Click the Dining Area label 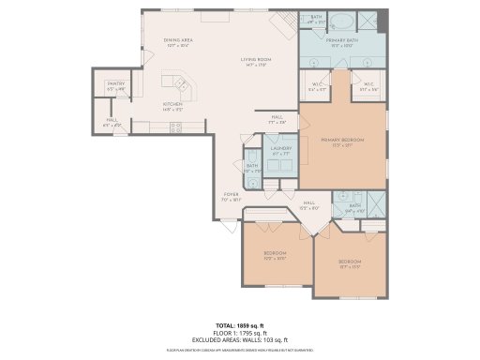pyautogui.click(x=178, y=41)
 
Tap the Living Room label pyautogui.click(x=256, y=61)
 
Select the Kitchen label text pyautogui.click(x=172, y=106)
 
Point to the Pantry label pyautogui.click(x=116, y=86)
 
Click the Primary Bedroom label pyautogui.click(x=342, y=142)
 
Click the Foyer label pyautogui.click(x=231, y=198)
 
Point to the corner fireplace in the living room pyautogui.click(x=282, y=22)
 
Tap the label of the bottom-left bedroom pyautogui.click(x=274, y=254)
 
